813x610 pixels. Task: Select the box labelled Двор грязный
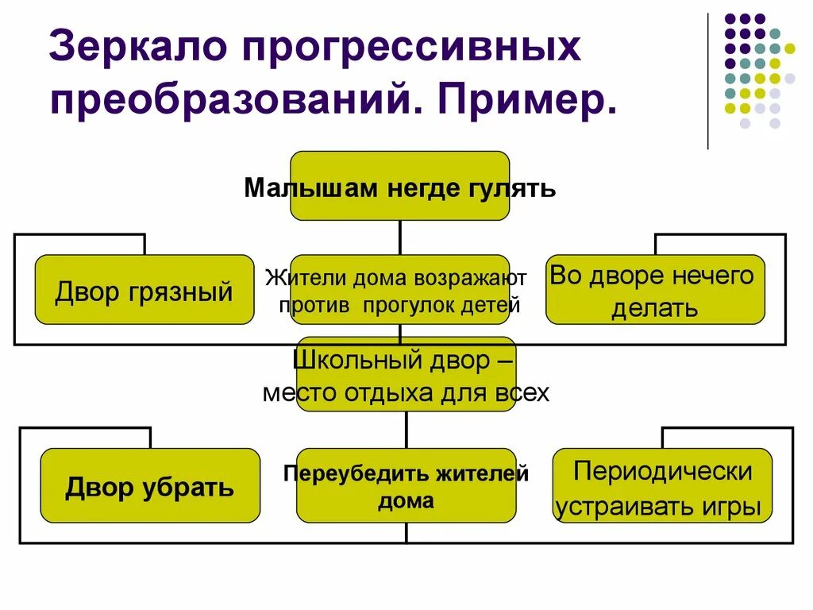point(144,290)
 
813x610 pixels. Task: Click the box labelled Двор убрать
point(150,485)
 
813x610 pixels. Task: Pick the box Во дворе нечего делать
point(655,290)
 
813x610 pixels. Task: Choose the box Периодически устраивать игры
point(662,485)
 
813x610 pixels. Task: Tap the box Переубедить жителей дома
point(406,485)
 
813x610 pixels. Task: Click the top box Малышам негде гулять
point(399,187)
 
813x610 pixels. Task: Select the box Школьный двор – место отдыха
point(406,375)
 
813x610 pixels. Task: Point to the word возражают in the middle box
point(475,280)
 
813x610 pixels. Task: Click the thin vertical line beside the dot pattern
point(707,79)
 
